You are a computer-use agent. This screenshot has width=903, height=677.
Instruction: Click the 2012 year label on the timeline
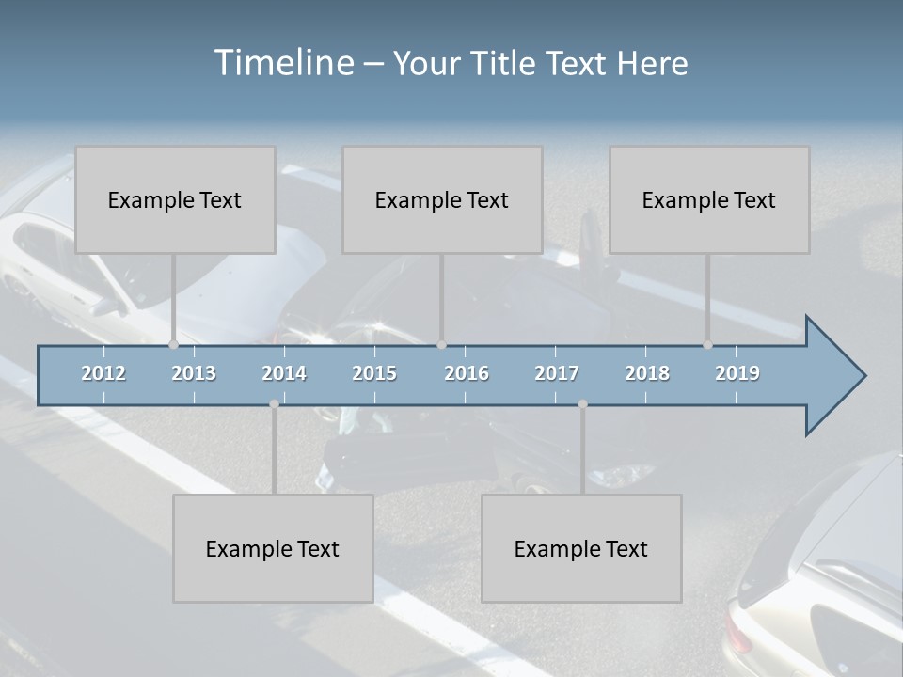coord(103,373)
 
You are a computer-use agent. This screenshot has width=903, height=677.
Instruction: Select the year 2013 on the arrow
coord(194,373)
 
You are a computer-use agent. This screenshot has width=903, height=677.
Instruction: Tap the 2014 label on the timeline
coord(284,373)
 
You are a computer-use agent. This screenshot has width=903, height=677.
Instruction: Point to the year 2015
coord(374,373)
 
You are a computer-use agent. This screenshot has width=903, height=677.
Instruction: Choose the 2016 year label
coord(467,373)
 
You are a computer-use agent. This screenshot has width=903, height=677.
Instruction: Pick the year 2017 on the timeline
coord(557,373)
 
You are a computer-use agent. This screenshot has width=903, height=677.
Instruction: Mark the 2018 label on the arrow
coord(647,373)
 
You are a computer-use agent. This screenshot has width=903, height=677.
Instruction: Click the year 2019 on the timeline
coord(737,373)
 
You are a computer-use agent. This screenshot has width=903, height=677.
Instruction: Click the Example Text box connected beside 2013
coord(175,199)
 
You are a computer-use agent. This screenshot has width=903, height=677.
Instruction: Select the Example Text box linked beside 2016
coord(442,199)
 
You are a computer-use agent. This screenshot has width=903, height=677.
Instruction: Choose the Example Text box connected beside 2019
coord(709,199)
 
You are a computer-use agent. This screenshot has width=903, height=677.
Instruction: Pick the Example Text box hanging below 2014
coord(273,548)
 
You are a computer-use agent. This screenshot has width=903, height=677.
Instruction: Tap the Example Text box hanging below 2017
coord(581,548)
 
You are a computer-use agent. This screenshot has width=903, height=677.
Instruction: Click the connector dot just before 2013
coord(174,345)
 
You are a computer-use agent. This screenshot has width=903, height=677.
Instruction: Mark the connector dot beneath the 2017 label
coord(582,404)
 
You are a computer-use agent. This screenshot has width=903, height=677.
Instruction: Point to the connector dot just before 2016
coord(441,345)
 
